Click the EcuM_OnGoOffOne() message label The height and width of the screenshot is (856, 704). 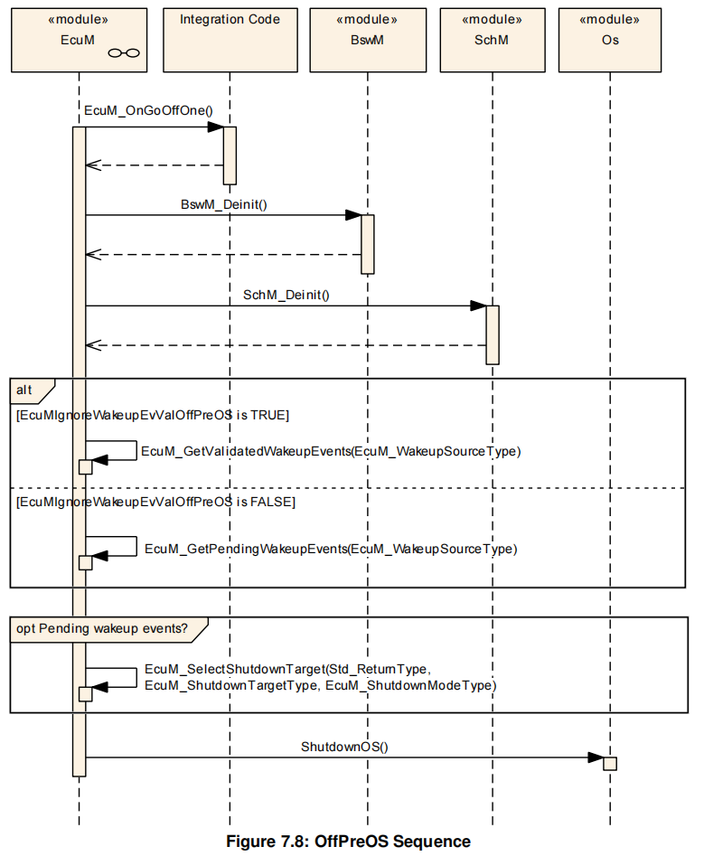147,111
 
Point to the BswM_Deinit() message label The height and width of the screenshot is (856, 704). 224,205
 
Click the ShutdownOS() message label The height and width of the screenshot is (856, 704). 343,747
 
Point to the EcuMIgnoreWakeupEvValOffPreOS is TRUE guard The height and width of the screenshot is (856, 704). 153,415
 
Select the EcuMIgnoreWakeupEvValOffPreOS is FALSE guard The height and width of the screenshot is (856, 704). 156,501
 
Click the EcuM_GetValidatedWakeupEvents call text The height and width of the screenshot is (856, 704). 331,451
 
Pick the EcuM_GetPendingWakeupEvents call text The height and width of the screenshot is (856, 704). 331,548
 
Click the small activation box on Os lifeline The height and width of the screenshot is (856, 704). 610,763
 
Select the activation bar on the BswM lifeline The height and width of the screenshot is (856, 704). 368,244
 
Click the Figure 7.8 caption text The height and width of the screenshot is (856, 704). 348,842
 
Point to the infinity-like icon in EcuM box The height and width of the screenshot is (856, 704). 123,53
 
